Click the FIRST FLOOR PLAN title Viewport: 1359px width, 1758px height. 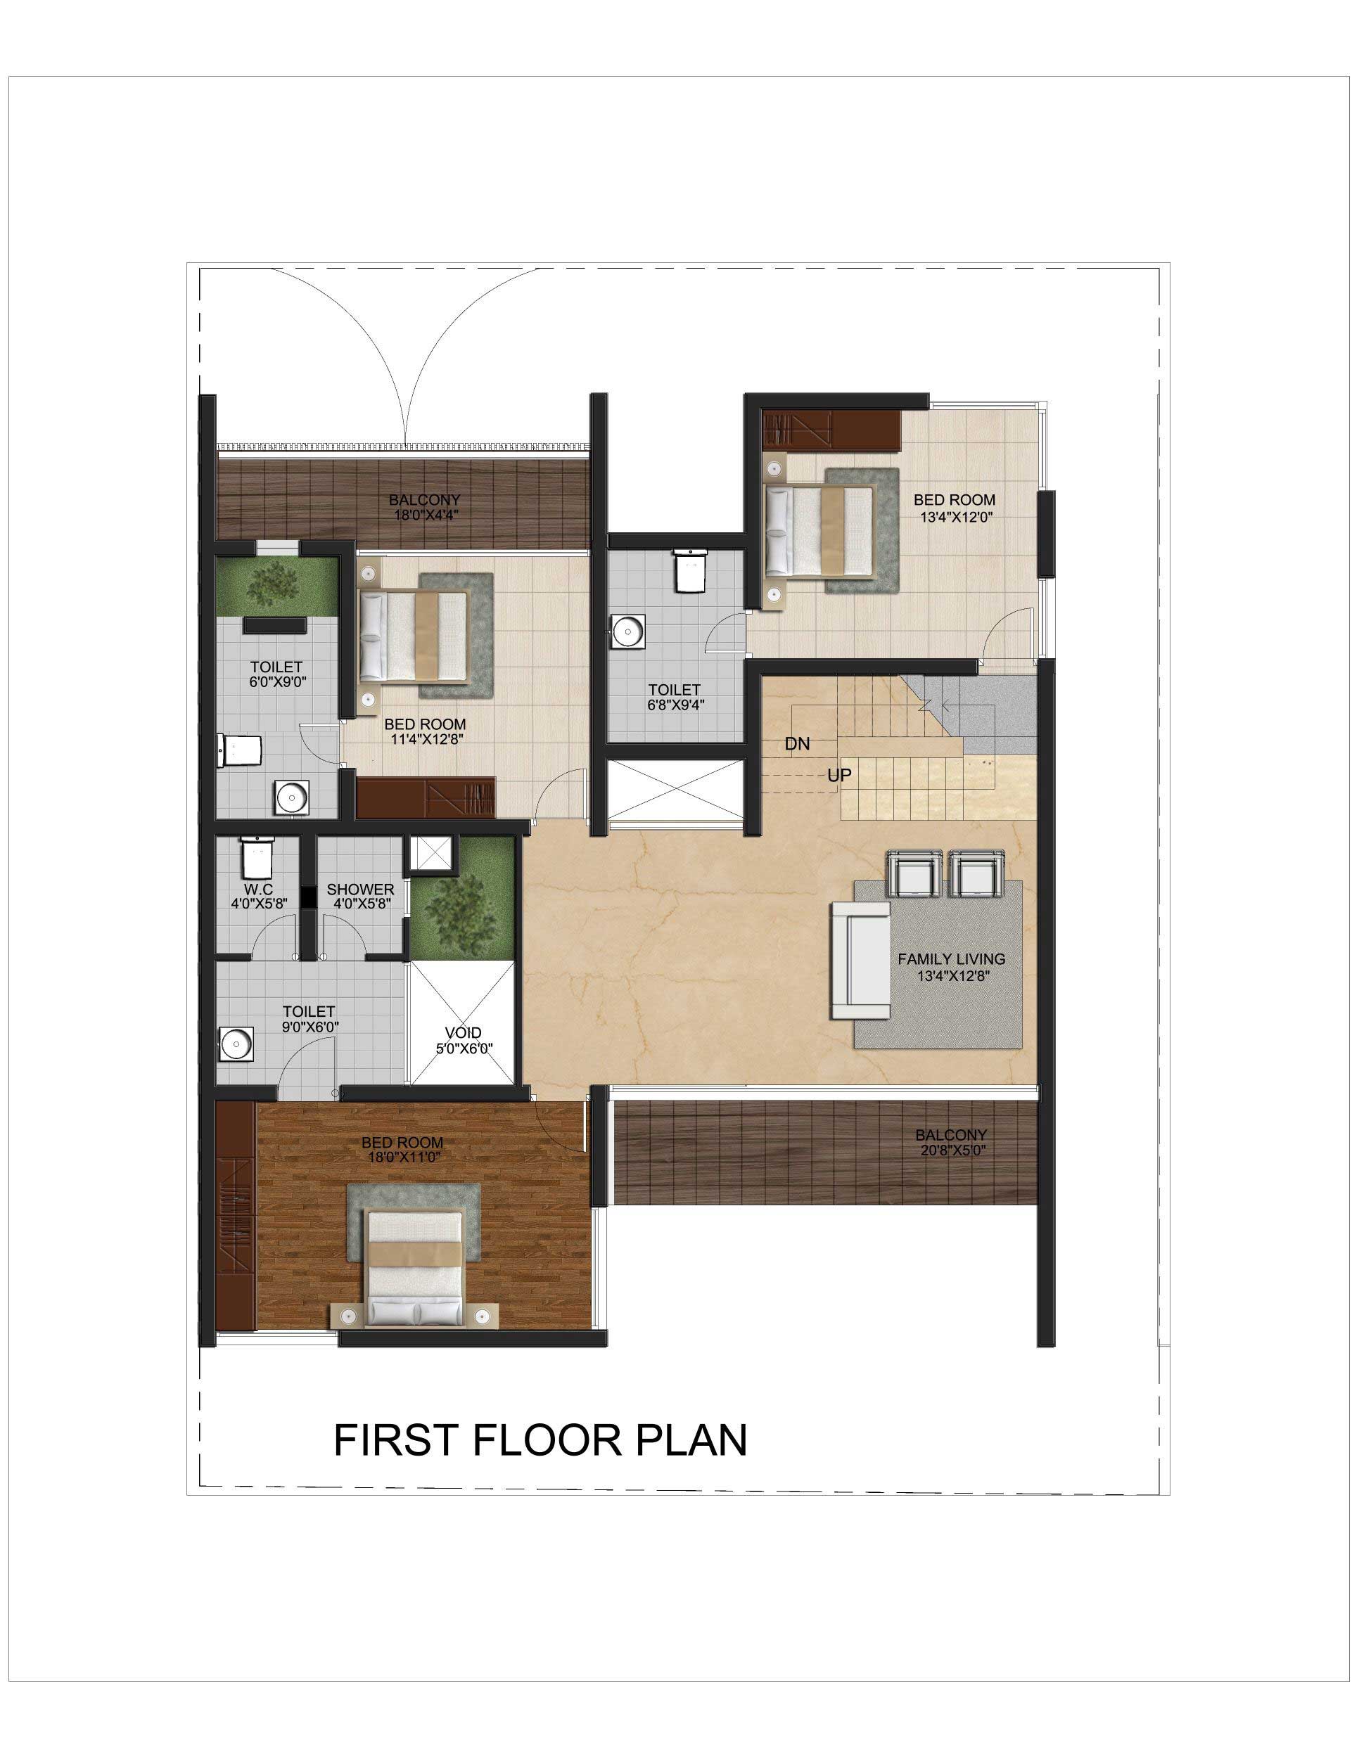pyautogui.click(x=540, y=1440)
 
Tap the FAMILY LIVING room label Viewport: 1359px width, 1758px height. pyautogui.click(x=952, y=958)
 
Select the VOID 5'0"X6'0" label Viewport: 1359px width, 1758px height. pyautogui.click(x=464, y=1041)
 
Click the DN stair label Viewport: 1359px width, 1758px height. pyautogui.click(x=797, y=744)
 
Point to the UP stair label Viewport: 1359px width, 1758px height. pyautogui.click(x=839, y=775)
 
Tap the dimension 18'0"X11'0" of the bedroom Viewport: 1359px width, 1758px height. pyautogui.click(x=402, y=1157)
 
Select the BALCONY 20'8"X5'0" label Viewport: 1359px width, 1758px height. pyautogui.click(x=951, y=1143)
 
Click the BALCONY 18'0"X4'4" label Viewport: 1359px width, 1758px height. pyautogui.click(x=424, y=508)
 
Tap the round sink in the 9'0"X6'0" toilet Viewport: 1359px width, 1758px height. pyautogui.click(x=236, y=1044)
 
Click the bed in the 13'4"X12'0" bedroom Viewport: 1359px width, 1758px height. pyautogui.click(x=819, y=530)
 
